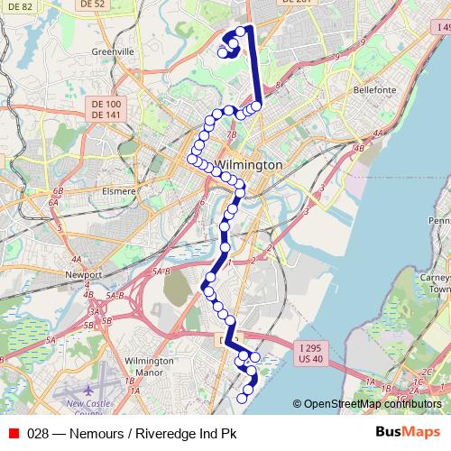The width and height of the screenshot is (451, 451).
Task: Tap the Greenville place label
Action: tap(113, 52)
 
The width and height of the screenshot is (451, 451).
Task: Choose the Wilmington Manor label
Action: tap(150, 365)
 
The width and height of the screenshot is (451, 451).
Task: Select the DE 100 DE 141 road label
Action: tap(106, 110)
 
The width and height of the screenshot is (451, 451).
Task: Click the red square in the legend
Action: tap(14, 432)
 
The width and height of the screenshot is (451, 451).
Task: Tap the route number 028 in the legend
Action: tap(38, 432)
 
